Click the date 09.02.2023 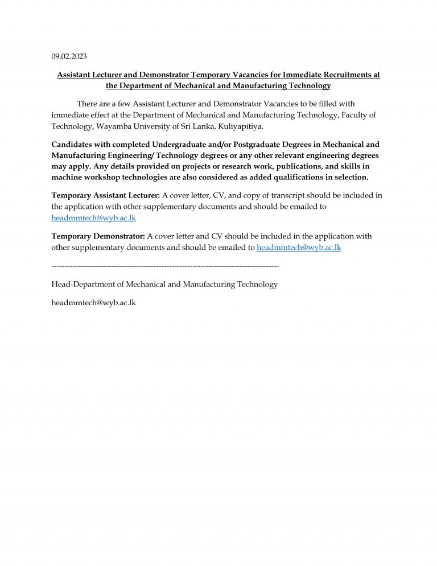tap(69, 56)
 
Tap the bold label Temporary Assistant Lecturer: tap(106, 195)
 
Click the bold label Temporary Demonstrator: tap(98, 236)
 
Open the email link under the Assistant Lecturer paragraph tap(93, 218)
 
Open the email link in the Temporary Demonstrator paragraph tap(299, 247)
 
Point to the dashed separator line tap(165, 266)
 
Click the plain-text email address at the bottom tap(93, 302)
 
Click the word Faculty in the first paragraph tap(353, 115)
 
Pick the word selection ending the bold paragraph tap(349, 177)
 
